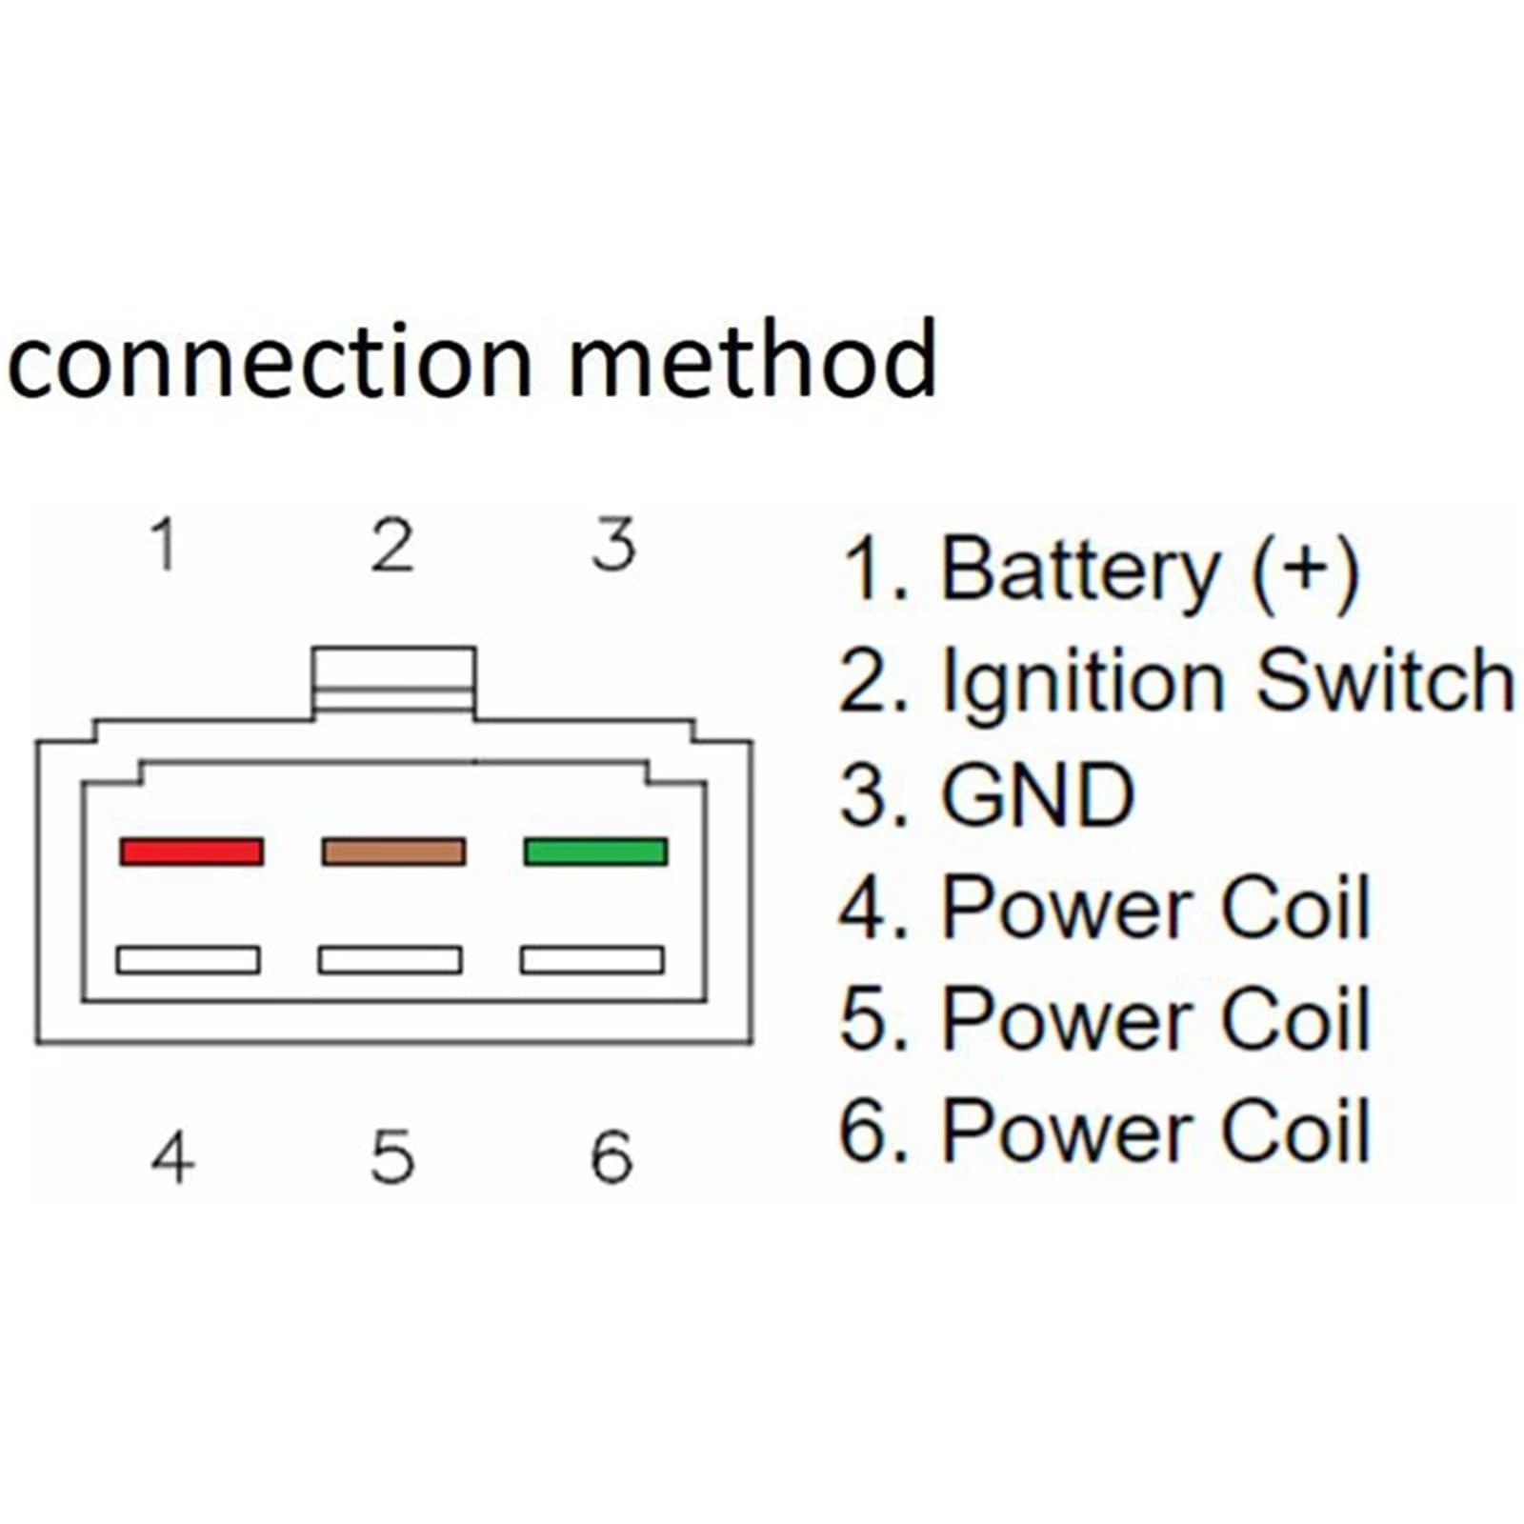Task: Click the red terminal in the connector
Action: pos(191,851)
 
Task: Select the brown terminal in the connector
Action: pos(393,851)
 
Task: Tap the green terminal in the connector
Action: pos(595,851)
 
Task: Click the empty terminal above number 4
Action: pos(188,959)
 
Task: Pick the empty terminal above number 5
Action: pos(391,959)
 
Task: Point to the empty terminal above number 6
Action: pos(592,959)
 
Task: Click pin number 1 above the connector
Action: pos(165,545)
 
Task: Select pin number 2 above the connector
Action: pos(391,545)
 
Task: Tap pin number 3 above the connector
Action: pos(613,545)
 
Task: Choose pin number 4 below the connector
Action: pos(172,1156)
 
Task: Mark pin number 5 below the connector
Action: pos(392,1157)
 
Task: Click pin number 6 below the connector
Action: pos(612,1157)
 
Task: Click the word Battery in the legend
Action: pos(1079,571)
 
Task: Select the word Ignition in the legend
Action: pos(1082,684)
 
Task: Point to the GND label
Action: pos(1037,794)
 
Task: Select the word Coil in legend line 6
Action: pos(1295,1130)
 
